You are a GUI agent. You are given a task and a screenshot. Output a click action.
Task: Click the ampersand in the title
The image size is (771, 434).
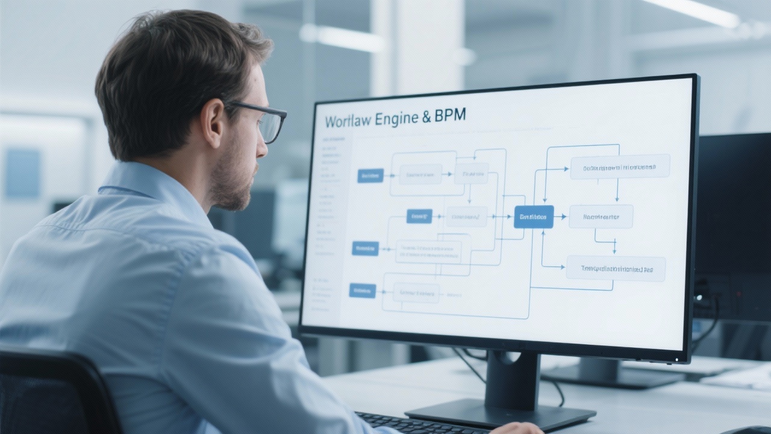[426, 117]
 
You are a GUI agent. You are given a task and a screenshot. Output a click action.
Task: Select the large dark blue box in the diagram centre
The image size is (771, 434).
[533, 216]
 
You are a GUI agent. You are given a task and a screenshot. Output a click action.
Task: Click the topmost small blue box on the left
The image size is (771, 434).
[370, 175]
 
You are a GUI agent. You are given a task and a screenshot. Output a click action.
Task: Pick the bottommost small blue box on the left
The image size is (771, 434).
[363, 291]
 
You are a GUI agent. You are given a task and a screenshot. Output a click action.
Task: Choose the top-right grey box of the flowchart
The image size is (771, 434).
[620, 166]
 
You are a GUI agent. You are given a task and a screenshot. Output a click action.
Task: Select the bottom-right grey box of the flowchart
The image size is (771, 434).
[616, 268]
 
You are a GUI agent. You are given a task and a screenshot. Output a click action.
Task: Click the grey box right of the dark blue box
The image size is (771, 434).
[601, 216]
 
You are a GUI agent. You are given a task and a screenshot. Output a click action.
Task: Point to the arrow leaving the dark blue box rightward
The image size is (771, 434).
[561, 216]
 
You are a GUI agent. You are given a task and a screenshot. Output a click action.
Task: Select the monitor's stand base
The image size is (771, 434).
[500, 415]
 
